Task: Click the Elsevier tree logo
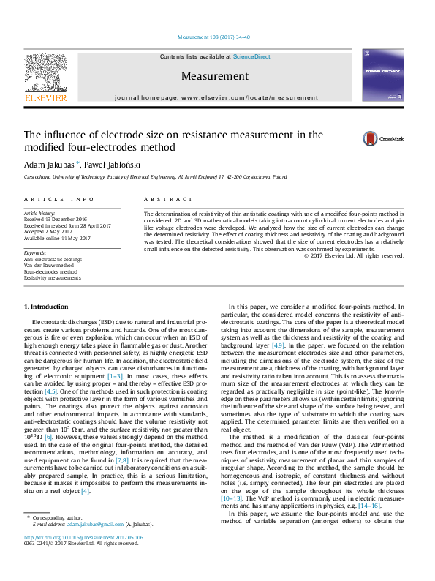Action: (45, 76)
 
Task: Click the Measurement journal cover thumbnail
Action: (382, 75)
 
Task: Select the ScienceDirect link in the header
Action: (251, 56)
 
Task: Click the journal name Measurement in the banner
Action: (217, 76)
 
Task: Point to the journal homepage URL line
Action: (217, 97)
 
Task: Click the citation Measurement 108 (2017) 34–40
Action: (217, 36)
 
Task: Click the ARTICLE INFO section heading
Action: (59, 199)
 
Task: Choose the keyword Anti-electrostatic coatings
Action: (53, 259)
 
